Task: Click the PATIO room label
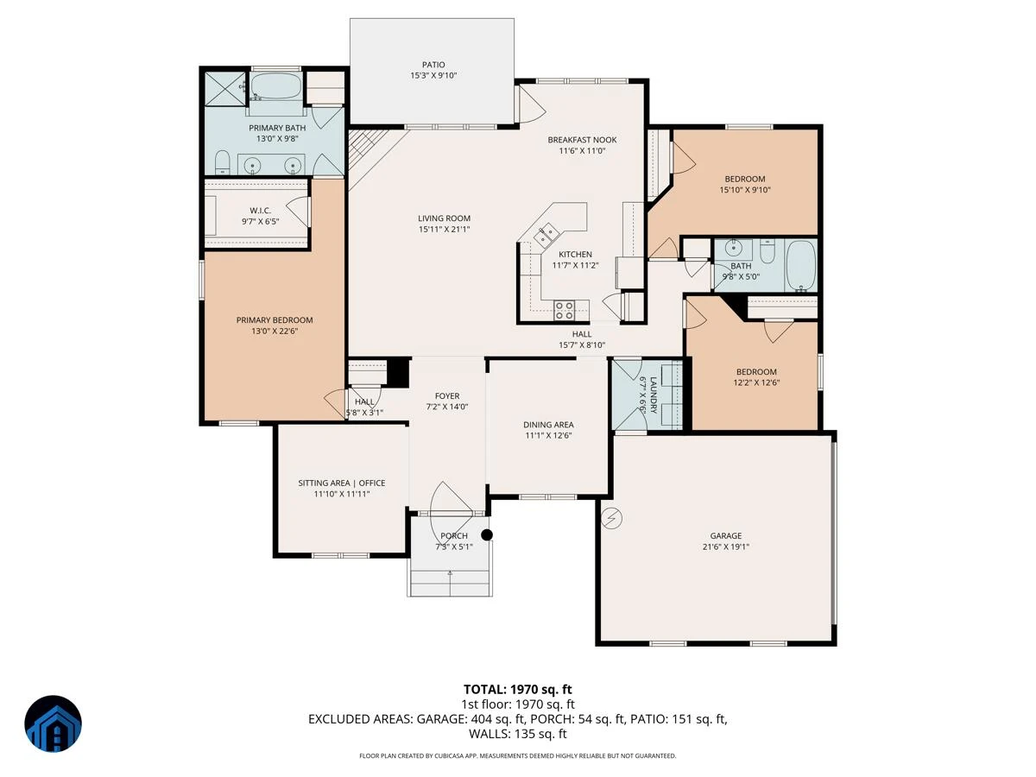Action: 433,65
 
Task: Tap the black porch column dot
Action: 487,535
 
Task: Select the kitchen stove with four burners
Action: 564,310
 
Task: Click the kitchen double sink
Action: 546,235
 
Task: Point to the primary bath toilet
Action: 222,162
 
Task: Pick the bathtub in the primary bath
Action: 275,85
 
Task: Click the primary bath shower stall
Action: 225,89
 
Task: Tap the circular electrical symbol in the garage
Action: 612,519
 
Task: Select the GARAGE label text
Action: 725,535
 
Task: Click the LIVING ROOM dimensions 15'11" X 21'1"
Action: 444,230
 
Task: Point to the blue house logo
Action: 53,723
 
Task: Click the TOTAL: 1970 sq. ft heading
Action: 517,689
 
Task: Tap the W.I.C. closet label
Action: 260,211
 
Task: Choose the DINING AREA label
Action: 548,425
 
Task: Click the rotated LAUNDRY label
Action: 654,395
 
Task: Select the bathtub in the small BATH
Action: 801,266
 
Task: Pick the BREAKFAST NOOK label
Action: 582,140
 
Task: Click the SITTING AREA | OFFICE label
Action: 342,483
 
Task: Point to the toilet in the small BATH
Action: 767,251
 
